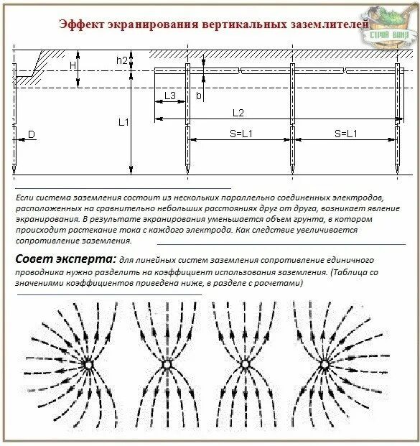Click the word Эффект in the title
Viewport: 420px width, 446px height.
coord(80,24)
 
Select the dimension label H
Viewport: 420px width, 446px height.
coord(73,65)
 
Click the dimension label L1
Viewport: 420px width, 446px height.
coord(123,122)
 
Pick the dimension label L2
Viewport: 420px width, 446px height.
coord(238,113)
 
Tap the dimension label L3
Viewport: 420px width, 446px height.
coord(170,96)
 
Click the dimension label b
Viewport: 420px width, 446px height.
coord(199,95)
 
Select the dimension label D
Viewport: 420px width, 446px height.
coord(32,134)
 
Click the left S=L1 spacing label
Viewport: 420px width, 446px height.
coord(239,134)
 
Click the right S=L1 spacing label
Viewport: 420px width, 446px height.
coord(345,134)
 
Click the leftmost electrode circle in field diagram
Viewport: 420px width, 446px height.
coord(89,366)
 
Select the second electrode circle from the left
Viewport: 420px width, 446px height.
coord(167,366)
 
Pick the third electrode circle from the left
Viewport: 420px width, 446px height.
coord(244,366)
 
